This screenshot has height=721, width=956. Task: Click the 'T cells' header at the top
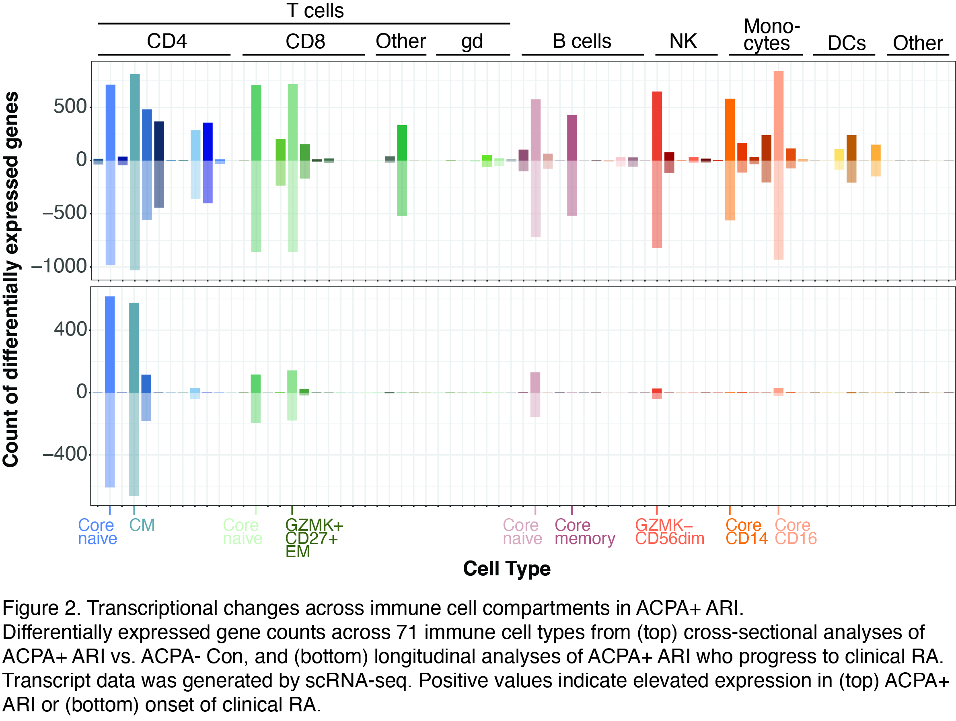pyautogui.click(x=315, y=11)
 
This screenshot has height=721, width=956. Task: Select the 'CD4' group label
pyautogui.click(x=167, y=41)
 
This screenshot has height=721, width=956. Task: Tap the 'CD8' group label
pyautogui.click(x=305, y=41)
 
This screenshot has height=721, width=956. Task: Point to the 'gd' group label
pyautogui.click(x=471, y=42)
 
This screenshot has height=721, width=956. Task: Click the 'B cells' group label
pyautogui.click(x=582, y=41)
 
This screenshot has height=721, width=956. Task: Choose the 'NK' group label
pyautogui.click(x=683, y=41)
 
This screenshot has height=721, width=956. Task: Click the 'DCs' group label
pyautogui.click(x=846, y=43)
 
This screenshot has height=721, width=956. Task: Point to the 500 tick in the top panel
pyautogui.click(x=70, y=107)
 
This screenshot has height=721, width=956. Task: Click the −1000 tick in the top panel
pyautogui.click(x=60, y=266)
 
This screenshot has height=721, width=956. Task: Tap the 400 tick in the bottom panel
pyautogui.click(x=70, y=330)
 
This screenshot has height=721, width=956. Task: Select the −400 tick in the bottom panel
pyautogui.click(x=65, y=454)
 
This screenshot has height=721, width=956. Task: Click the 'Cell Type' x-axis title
pyautogui.click(x=506, y=569)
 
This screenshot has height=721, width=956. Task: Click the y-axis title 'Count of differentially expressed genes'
pyautogui.click(x=12, y=279)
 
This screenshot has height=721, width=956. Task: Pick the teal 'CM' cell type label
pyautogui.click(x=142, y=525)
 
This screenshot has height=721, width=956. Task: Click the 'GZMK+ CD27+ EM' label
pyautogui.click(x=313, y=538)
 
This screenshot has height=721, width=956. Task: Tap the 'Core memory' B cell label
pyautogui.click(x=584, y=531)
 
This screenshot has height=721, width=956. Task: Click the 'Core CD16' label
pyautogui.click(x=796, y=531)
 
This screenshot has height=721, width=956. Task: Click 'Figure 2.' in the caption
pyautogui.click(x=41, y=608)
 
